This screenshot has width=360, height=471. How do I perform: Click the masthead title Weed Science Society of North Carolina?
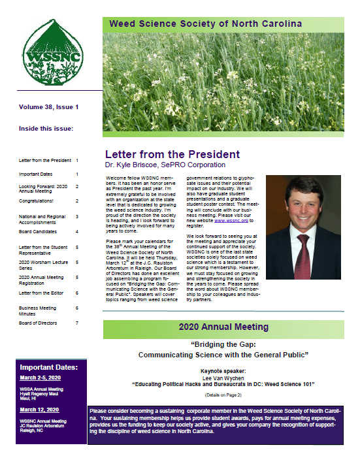205,24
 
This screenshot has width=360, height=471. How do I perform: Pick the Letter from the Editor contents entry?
44,293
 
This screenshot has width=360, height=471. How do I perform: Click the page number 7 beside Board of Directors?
77,323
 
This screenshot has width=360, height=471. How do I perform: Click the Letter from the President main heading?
172,154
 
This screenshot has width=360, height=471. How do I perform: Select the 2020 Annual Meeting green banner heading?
224,326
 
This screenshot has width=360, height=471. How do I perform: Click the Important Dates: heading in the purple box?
51,366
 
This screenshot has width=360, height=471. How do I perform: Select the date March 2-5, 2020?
40,378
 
